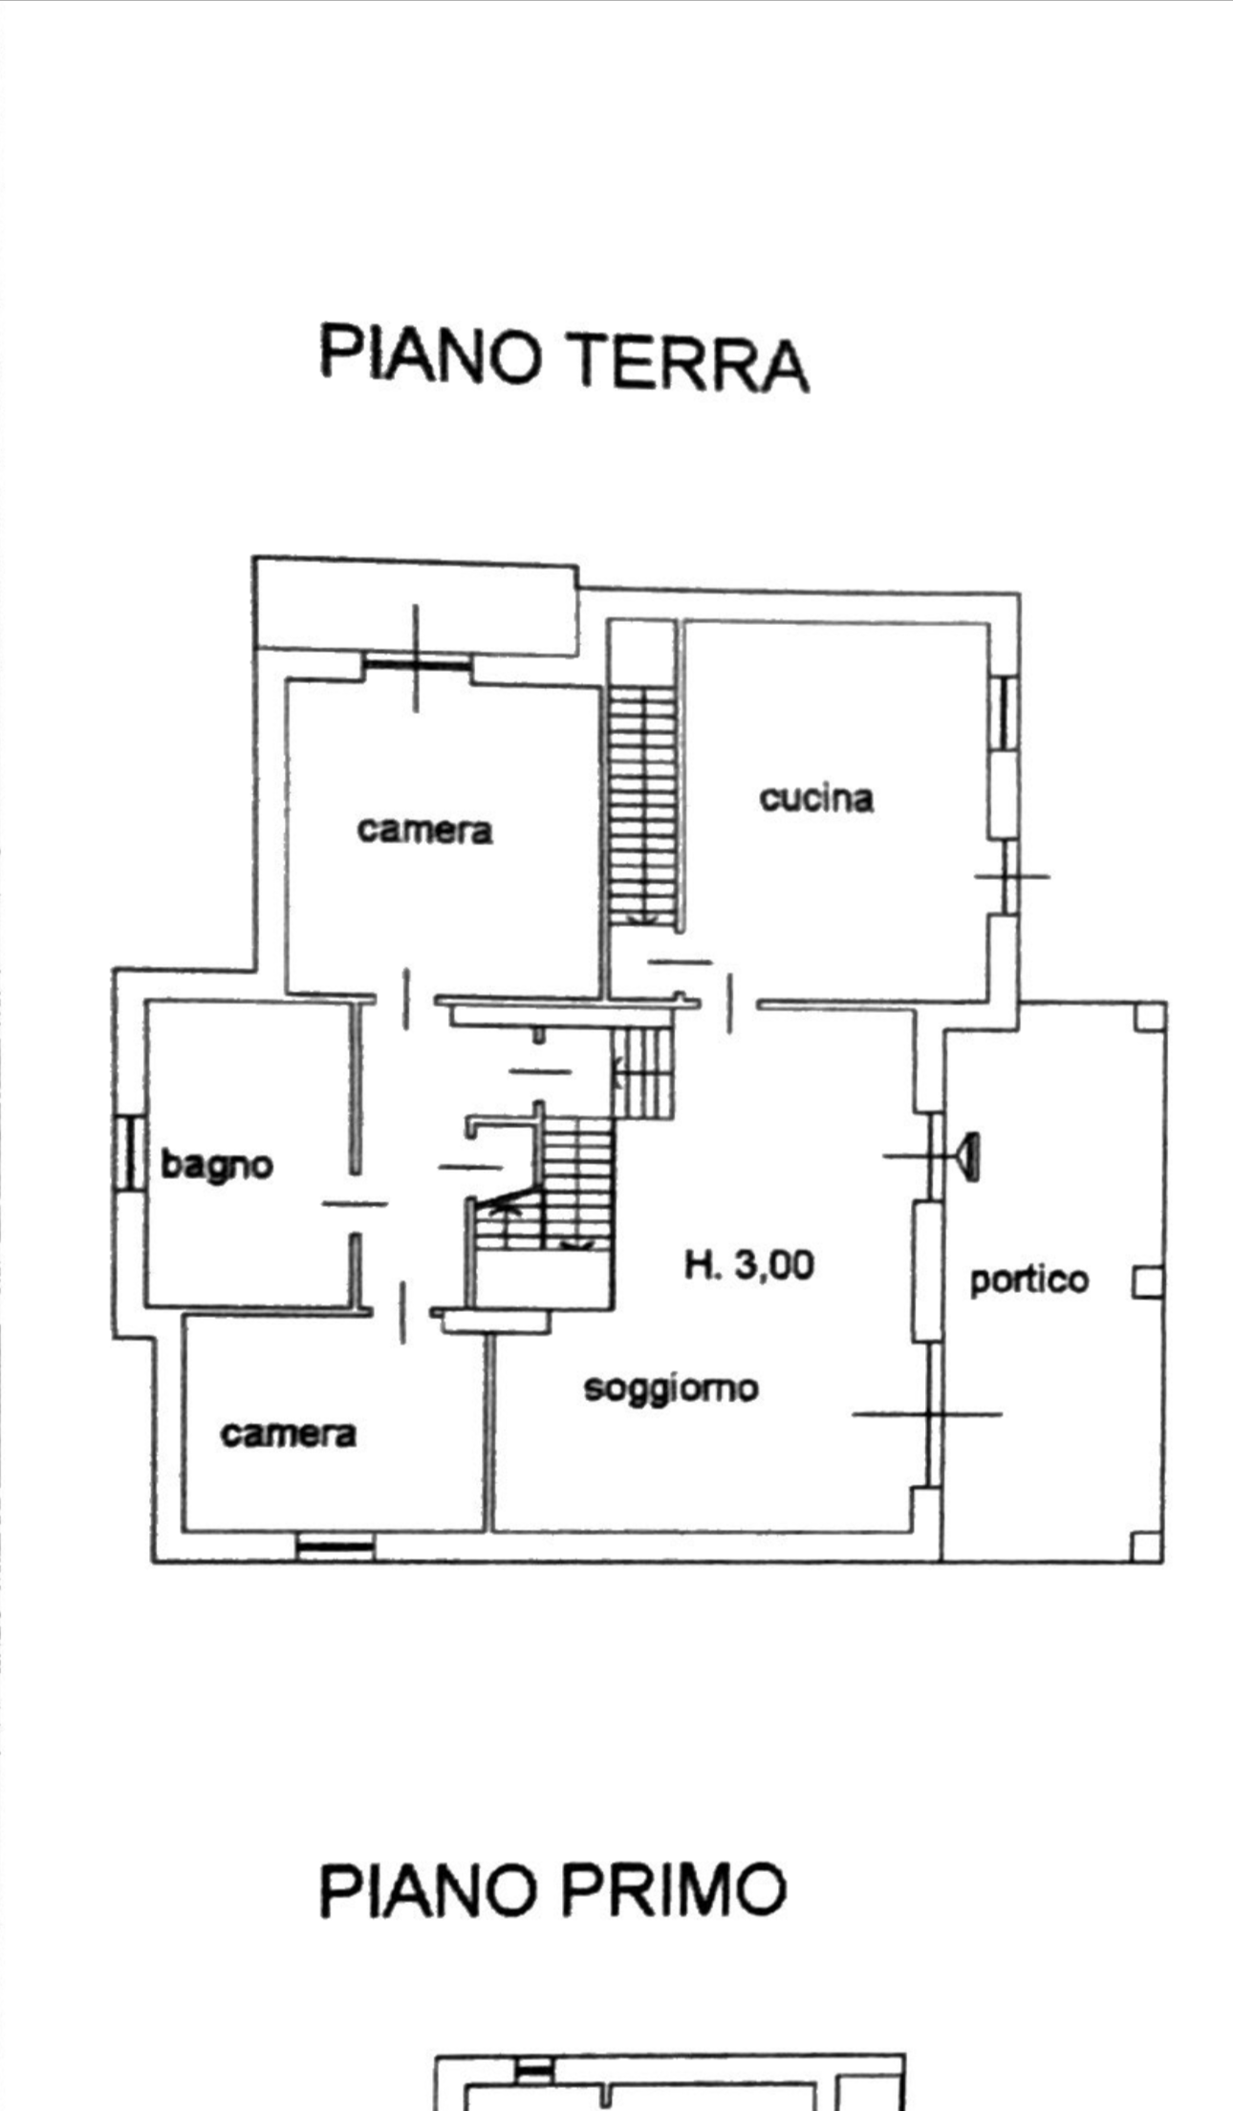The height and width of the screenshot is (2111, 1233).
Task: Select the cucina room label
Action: (816, 798)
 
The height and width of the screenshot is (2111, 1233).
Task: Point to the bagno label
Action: (217, 1165)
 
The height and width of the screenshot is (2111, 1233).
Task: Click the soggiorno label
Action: (671, 1389)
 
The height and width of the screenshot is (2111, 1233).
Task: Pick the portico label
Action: (1028, 1281)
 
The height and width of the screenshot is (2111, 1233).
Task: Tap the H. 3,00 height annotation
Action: (749, 1265)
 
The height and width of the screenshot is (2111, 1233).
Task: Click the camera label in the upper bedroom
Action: (424, 829)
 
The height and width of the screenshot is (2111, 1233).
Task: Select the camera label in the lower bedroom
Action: (288, 1433)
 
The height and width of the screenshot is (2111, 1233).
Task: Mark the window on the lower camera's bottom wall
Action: (335, 1545)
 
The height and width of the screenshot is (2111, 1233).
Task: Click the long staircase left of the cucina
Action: (642, 804)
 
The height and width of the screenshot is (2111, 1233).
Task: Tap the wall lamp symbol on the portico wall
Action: (968, 1156)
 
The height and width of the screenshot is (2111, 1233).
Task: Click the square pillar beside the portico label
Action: (1148, 1282)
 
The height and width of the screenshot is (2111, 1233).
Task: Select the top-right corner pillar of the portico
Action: (1151, 1017)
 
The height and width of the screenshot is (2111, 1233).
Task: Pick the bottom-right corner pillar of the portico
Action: (1147, 1545)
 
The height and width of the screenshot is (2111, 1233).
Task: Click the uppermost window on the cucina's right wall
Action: (1005, 712)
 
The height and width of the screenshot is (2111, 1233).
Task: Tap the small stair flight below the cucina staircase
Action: (642, 1072)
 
